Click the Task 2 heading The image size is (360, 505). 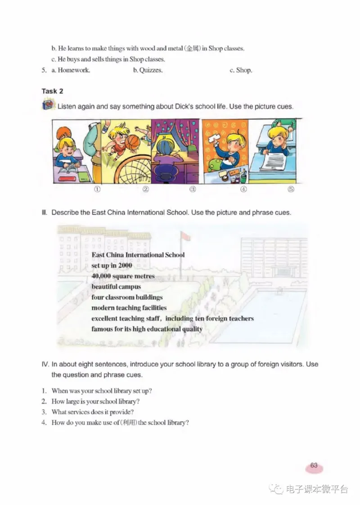pyautogui.click(x=52, y=91)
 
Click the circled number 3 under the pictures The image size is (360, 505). pyautogui.click(x=193, y=189)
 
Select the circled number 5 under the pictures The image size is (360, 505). pyautogui.click(x=291, y=189)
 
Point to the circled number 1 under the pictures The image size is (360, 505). pyautogui.click(x=97, y=189)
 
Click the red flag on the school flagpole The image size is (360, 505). pyautogui.click(x=183, y=236)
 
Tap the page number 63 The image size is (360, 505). pyautogui.click(x=314, y=466)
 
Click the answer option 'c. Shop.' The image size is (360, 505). pyautogui.click(x=241, y=70)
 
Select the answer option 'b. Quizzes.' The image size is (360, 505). pyautogui.click(x=148, y=70)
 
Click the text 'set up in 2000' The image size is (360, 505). pyautogui.click(x=112, y=266)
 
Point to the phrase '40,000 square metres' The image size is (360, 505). pyautogui.click(x=123, y=276)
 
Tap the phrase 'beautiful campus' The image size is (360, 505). pyautogui.click(x=116, y=287)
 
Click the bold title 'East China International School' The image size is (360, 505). pyautogui.click(x=138, y=255)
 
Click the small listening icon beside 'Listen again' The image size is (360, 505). pyautogui.click(x=47, y=107)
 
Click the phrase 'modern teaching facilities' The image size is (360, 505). pyautogui.click(x=129, y=308)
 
